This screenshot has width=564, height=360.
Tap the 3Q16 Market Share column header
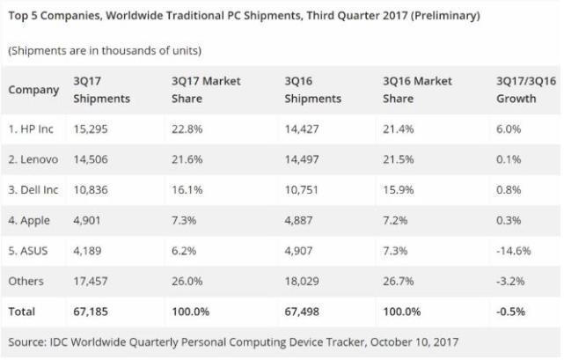click(421, 90)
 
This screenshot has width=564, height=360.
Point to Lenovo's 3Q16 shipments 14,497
click(304, 160)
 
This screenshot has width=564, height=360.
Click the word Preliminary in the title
click(423, 15)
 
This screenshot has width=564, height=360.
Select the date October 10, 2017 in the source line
click(414, 342)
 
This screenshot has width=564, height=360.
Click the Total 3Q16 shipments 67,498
click(304, 312)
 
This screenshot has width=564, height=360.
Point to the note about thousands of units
click(106, 50)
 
